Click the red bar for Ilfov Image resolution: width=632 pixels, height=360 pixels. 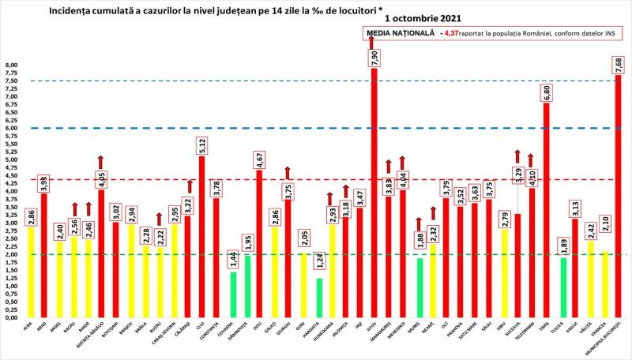(x=374, y=197)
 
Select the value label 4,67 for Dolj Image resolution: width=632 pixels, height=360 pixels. (x=259, y=159)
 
